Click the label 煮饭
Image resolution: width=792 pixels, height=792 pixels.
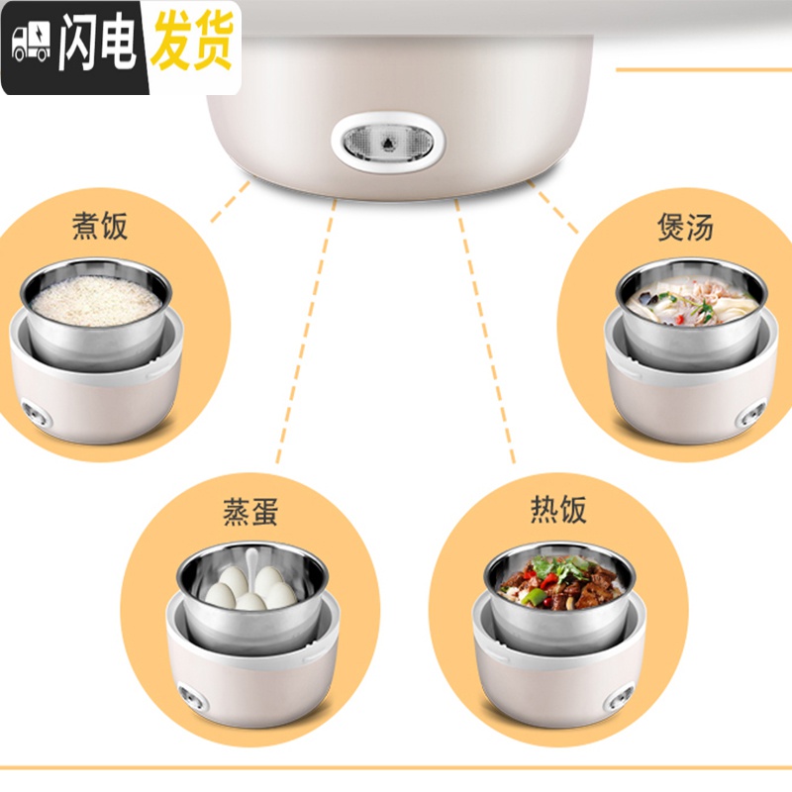(101, 228)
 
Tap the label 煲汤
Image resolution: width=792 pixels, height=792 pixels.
(685, 227)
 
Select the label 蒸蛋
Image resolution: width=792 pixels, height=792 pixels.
(250, 512)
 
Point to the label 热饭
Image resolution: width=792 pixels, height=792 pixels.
(558, 509)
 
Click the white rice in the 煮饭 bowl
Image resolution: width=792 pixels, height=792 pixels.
(96, 300)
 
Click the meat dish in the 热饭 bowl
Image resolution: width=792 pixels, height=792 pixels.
(559, 586)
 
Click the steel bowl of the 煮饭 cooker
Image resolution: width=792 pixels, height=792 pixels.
(96, 342)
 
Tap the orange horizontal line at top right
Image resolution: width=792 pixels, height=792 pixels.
(703, 69)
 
